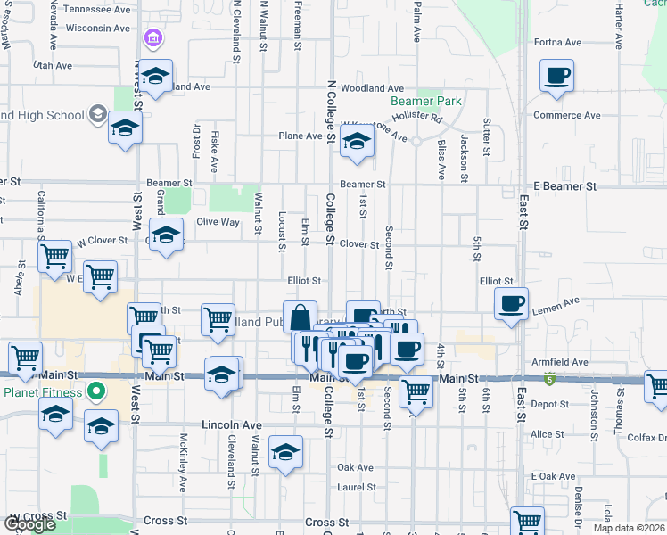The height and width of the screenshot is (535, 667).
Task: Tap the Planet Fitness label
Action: click(x=42, y=392)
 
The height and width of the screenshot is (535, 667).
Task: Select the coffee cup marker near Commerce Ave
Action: click(x=556, y=76)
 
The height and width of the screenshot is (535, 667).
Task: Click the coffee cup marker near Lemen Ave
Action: click(x=512, y=304)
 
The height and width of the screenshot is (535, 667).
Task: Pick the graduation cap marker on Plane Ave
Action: click(x=357, y=141)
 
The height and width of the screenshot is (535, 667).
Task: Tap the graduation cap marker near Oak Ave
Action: click(x=285, y=453)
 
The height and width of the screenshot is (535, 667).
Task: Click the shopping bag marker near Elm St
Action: click(x=301, y=317)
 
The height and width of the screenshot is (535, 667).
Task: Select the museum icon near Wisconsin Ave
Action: click(x=152, y=38)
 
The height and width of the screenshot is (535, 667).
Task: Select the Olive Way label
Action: click(x=218, y=222)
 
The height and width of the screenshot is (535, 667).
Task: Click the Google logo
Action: click(x=29, y=525)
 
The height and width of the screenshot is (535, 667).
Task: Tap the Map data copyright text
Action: click(x=628, y=528)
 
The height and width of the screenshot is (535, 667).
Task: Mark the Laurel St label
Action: click(x=356, y=487)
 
